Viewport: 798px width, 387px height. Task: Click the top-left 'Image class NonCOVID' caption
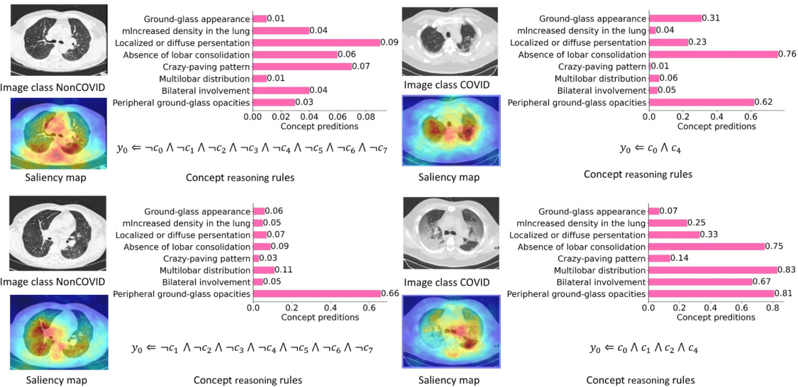53,87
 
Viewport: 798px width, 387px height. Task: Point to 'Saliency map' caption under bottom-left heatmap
57,380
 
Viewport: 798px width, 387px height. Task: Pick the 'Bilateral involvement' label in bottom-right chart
602,281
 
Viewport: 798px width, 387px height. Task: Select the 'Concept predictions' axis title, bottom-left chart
319,318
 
